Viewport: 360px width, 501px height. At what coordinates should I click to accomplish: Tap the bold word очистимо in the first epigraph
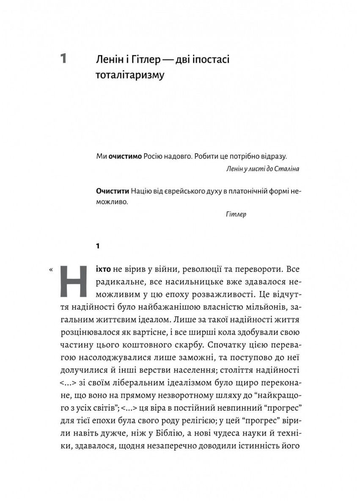click(125, 156)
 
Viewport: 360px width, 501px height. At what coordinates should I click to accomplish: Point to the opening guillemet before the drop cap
click(52, 269)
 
